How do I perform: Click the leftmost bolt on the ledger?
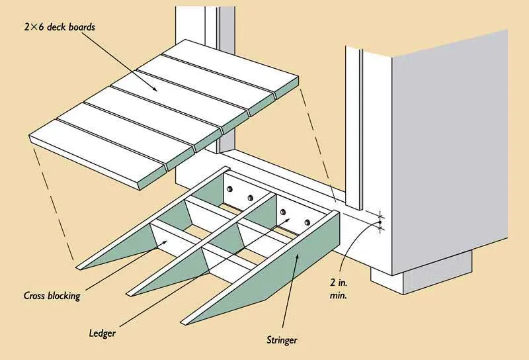coord(229,190)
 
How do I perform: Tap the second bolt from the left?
coord(250,198)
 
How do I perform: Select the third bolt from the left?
coord(283,212)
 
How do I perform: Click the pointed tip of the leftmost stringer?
coord(80,267)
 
